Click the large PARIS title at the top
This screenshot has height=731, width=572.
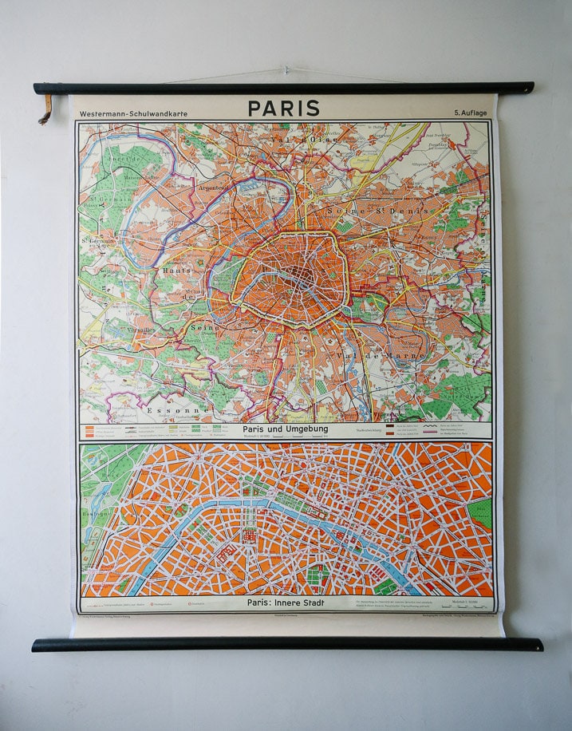(x=283, y=109)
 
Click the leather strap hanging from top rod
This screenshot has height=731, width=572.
(x=45, y=109)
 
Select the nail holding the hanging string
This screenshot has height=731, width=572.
(x=286, y=70)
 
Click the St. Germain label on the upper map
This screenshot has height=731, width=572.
(x=97, y=238)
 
